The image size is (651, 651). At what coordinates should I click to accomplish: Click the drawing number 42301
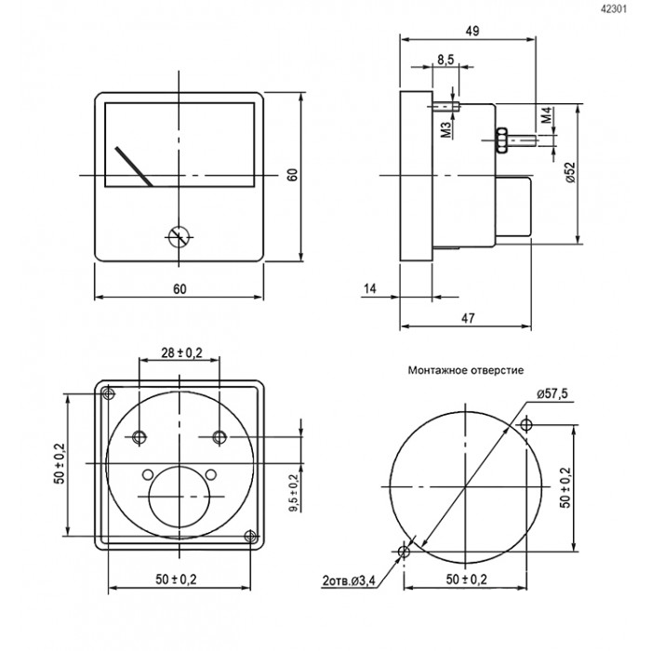pos(614,8)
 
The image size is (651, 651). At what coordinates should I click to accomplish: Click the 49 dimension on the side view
pos(472,31)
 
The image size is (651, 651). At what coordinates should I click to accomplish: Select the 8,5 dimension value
pos(445,60)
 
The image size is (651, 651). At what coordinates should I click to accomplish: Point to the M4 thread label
pos(547,115)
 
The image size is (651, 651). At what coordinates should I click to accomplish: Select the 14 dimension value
pos(369,288)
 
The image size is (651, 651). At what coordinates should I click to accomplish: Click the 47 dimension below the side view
pos(468,318)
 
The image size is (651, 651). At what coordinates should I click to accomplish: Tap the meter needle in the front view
pos(134,166)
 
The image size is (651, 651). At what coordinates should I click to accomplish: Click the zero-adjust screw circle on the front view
pos(179,237)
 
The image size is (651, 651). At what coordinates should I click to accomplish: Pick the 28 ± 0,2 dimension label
pos(181,352)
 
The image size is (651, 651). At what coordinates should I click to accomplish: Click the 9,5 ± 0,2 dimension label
pos(294,493)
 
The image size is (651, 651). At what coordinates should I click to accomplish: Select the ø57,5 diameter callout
pos(551,393)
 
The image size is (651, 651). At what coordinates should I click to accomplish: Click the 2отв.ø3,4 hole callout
pos(349,580)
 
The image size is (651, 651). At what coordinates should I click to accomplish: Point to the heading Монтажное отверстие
pos(465,370)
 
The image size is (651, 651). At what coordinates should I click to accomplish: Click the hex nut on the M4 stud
pos(501,139)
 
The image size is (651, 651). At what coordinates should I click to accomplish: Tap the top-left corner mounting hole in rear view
pos(109,393)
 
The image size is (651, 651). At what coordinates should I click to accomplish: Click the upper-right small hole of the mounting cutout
pos(526,425)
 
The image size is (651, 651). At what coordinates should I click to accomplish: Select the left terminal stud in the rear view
pos(139,437)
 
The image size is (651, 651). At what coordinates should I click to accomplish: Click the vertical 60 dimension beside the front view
pos(293,175)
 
